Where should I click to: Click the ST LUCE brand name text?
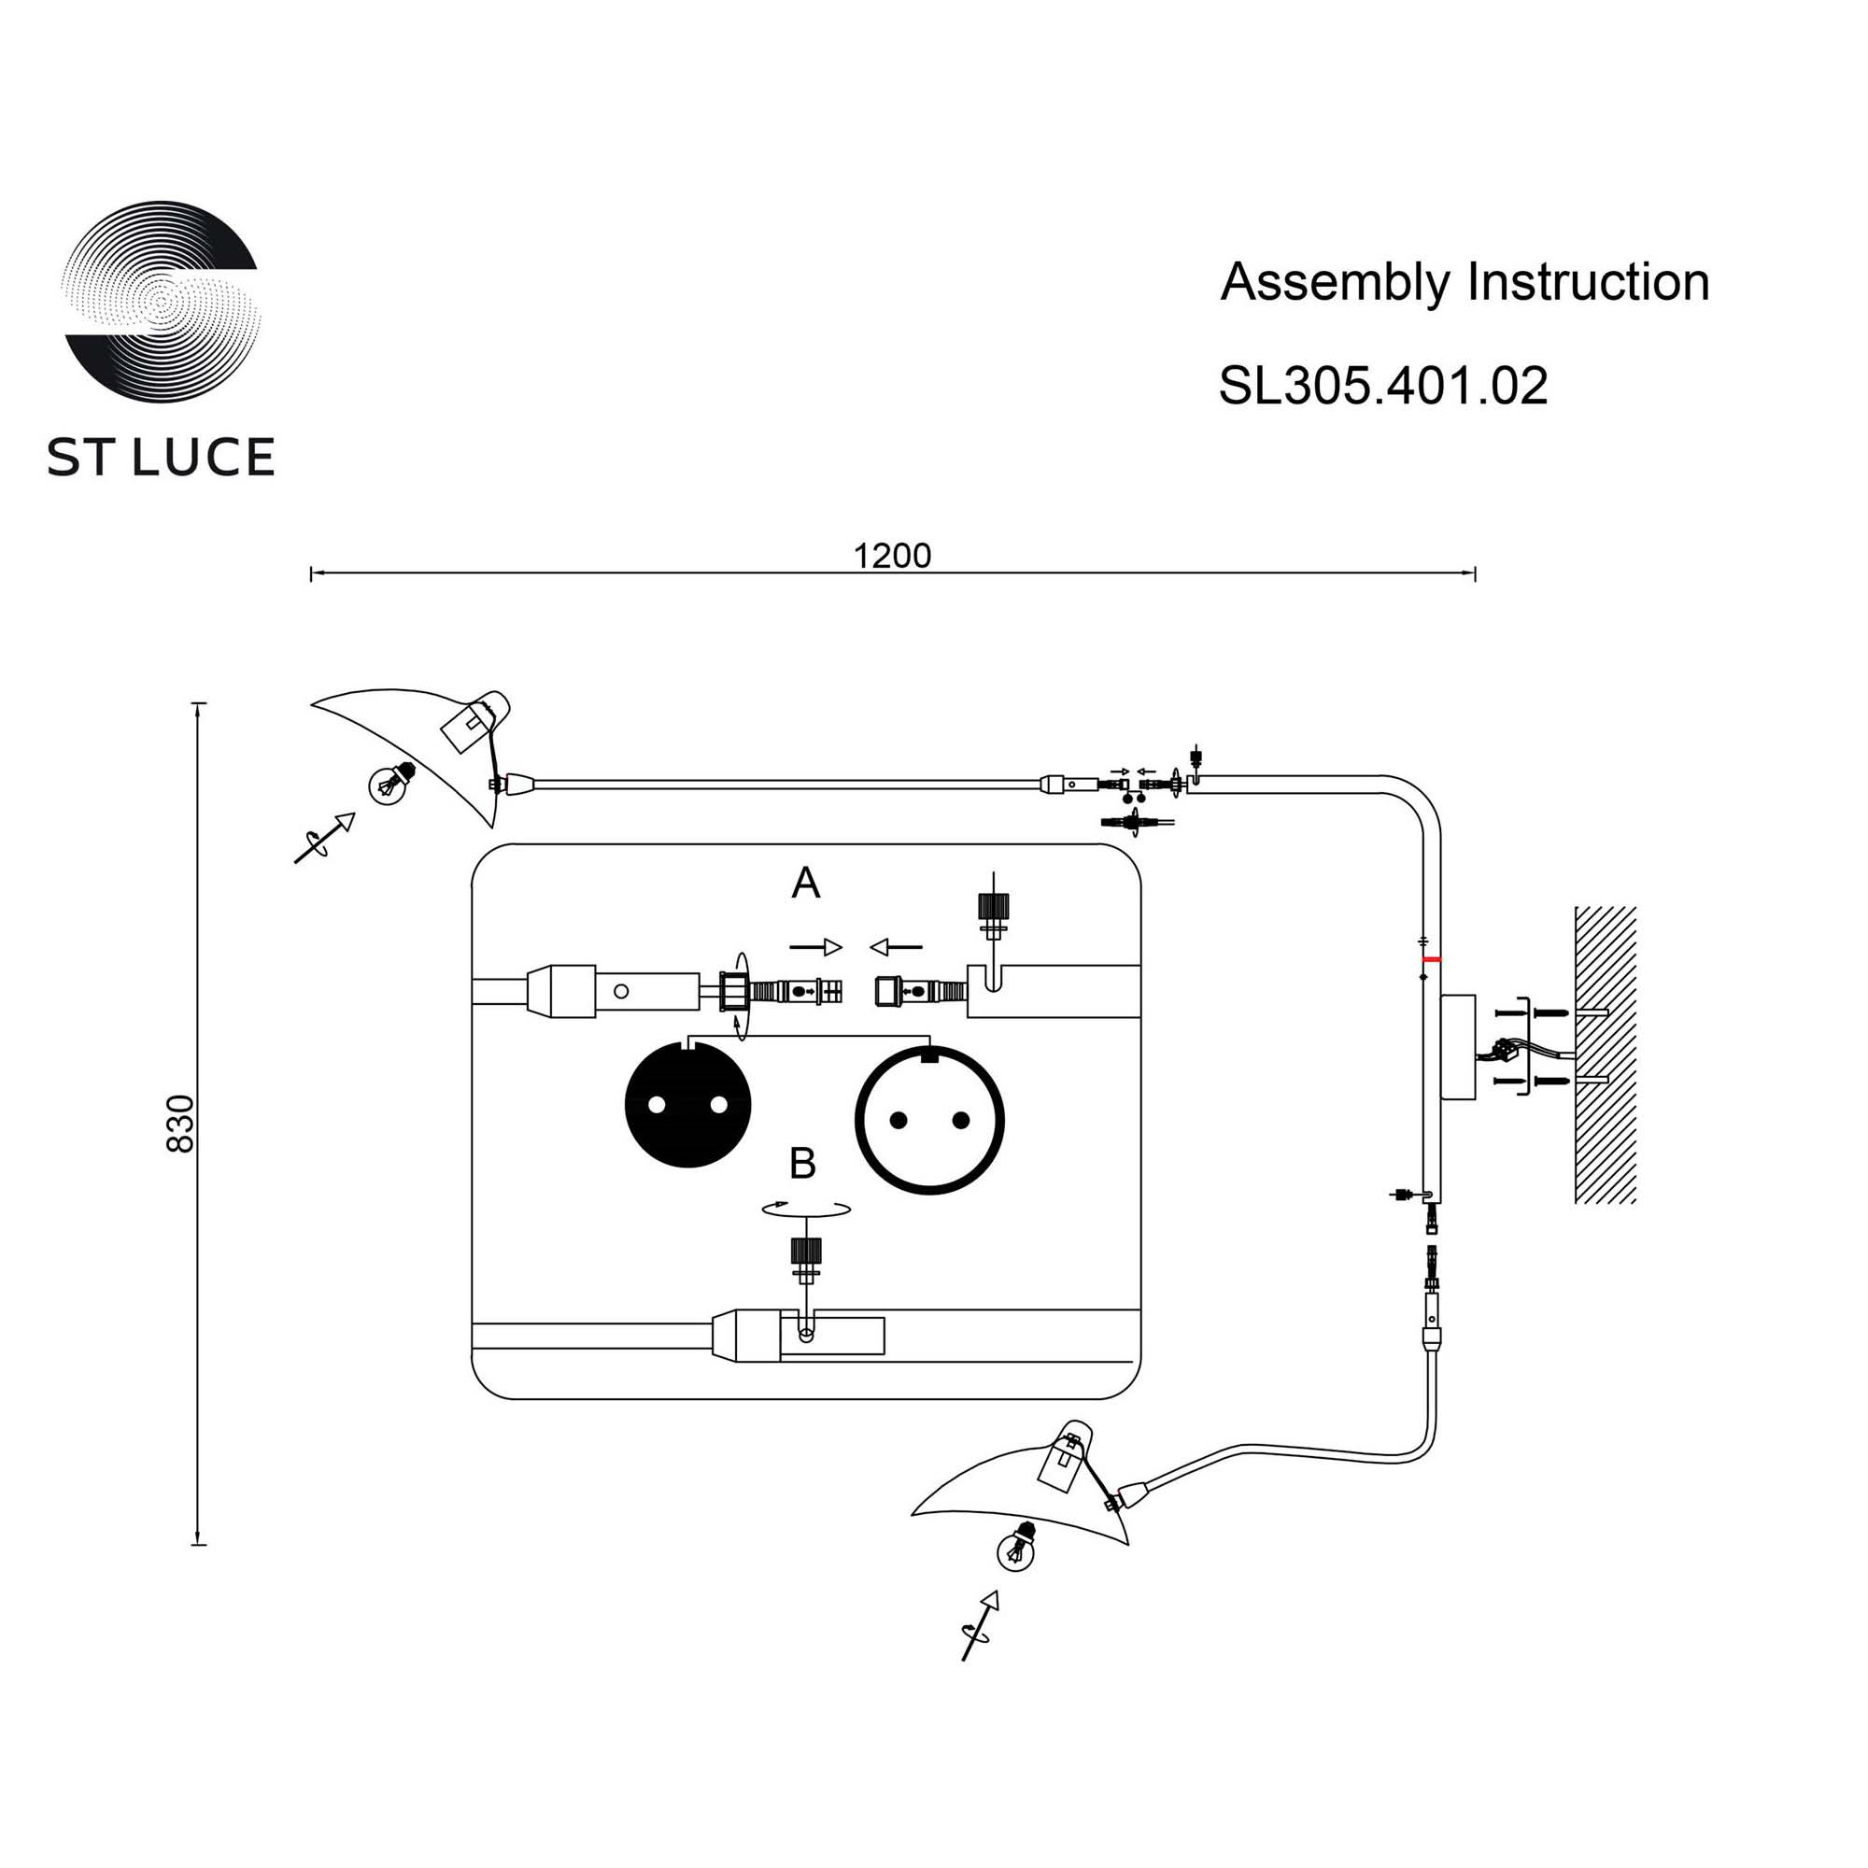tap(161, 458)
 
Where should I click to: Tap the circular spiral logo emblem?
tap(162, 302)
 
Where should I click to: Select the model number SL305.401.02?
tap(1381, 386)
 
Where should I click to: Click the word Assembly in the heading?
tap(1335, 282)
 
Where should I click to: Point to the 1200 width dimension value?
tap(890, 556)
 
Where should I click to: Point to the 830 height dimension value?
tap(181, 1124)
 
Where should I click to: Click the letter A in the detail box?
tap(805, 883)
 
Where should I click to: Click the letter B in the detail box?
tap(802, 1164)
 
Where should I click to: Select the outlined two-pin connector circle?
tap(929, 1121)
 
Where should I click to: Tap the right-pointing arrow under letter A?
tap(815, 947)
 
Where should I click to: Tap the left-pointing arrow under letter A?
tap(896, 947)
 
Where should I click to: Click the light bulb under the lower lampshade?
tap(1017, 1548)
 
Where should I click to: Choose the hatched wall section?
tap(1605, 1054)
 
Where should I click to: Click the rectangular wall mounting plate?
tap(1459, 1047)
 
